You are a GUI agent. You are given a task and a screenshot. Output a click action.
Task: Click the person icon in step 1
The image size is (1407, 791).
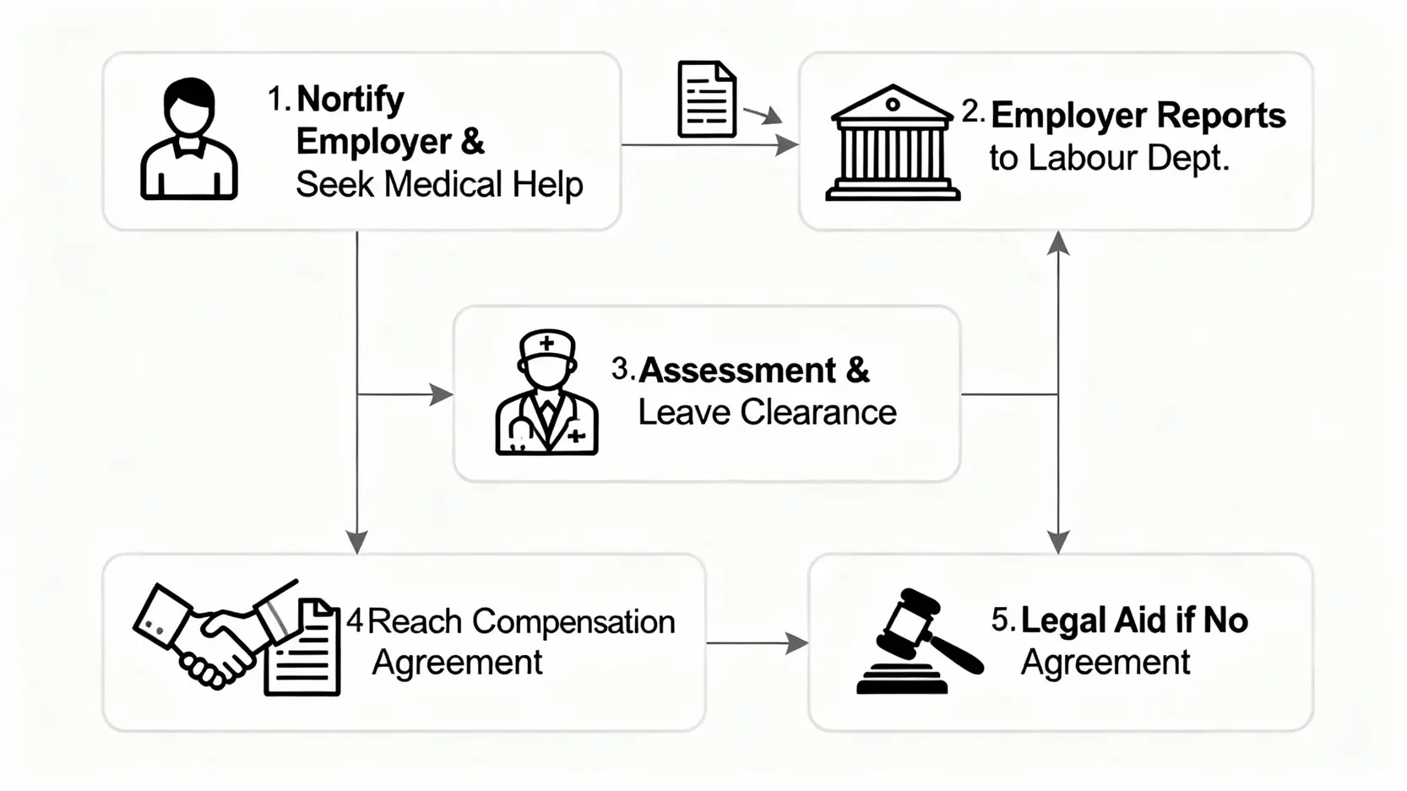coord(188,139)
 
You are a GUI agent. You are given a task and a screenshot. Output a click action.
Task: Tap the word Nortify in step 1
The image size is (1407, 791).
coord(350,100)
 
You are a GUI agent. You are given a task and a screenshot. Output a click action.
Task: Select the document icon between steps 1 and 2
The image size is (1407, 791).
coord(707,100)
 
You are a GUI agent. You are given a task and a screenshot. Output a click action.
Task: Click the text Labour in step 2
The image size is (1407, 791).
coord(1086,158)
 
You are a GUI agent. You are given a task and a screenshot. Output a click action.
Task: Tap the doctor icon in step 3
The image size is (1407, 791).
coord(546,393)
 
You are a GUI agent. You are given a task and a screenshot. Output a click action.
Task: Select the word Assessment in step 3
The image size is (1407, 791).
coord(737,371)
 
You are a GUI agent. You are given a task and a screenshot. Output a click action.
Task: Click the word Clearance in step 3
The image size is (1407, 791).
coord(818,413)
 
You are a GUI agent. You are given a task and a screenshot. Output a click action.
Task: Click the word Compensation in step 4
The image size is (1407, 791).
coord(573,622)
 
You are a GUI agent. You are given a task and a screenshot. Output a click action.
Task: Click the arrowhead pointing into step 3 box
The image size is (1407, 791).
coord(441,394)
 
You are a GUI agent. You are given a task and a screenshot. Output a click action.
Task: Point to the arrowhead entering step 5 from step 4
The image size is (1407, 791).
coord(796,643)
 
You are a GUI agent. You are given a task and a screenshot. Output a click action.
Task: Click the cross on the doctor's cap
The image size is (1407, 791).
coord(546,344)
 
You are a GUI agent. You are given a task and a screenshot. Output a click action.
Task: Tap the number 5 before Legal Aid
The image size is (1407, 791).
coord(1000,620)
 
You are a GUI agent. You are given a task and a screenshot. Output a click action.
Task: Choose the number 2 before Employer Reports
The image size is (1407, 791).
coord(970,112)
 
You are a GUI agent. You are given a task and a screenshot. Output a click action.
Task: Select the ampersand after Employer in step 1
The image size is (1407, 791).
coord(473,142)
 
